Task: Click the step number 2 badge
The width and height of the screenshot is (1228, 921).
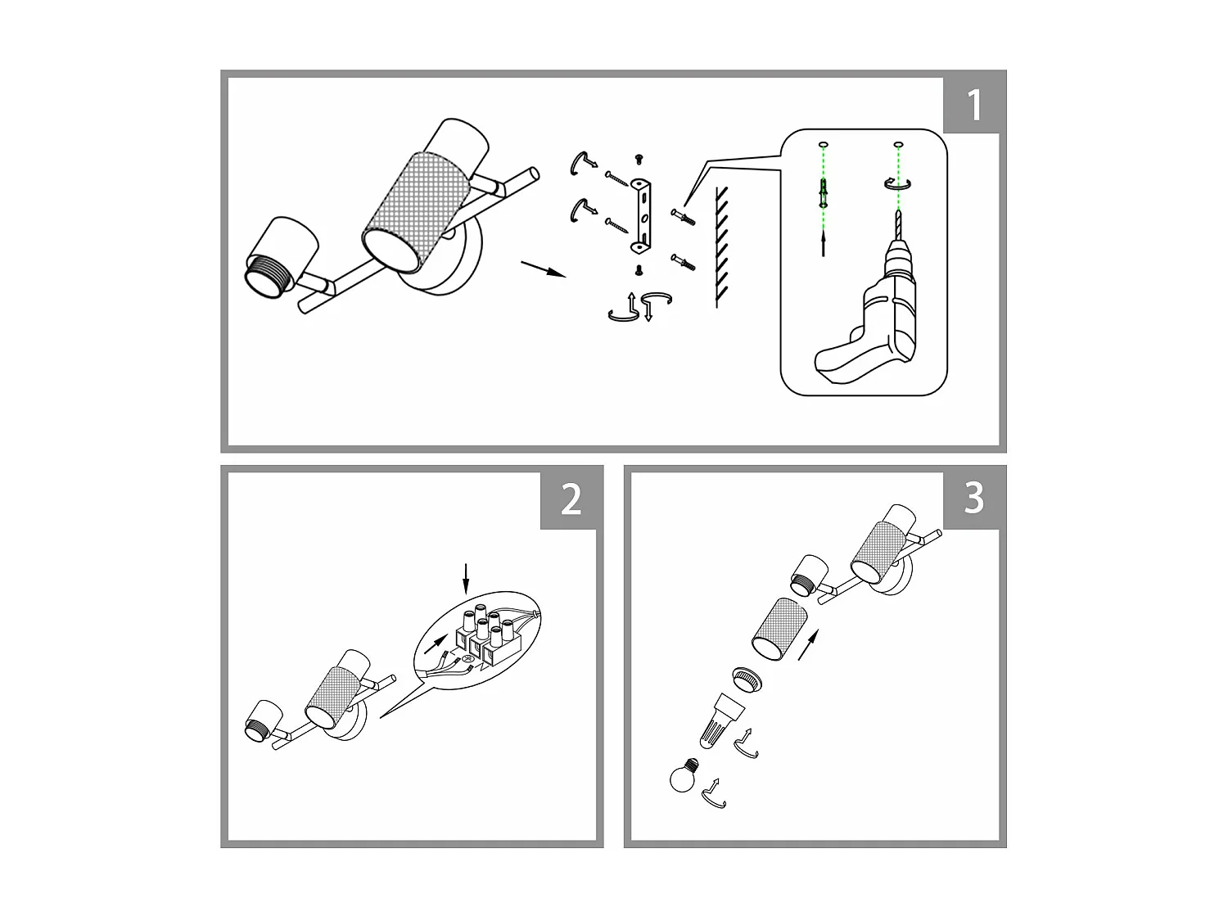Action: [x=571, y=499]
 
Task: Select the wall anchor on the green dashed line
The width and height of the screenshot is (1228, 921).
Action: [x=823, y=193]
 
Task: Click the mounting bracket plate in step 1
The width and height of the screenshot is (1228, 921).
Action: [x=642, y=214]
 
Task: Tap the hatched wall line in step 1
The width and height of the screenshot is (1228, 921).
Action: [x=718, y=246]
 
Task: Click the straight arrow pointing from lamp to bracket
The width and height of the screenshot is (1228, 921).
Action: [x=544, y=269]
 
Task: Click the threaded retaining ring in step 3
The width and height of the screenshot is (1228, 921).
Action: [x=747, y=679]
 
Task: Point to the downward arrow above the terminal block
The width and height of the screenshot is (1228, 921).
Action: [x=466, y=577]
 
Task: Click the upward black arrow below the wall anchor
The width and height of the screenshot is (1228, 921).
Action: [x=823, y=244]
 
